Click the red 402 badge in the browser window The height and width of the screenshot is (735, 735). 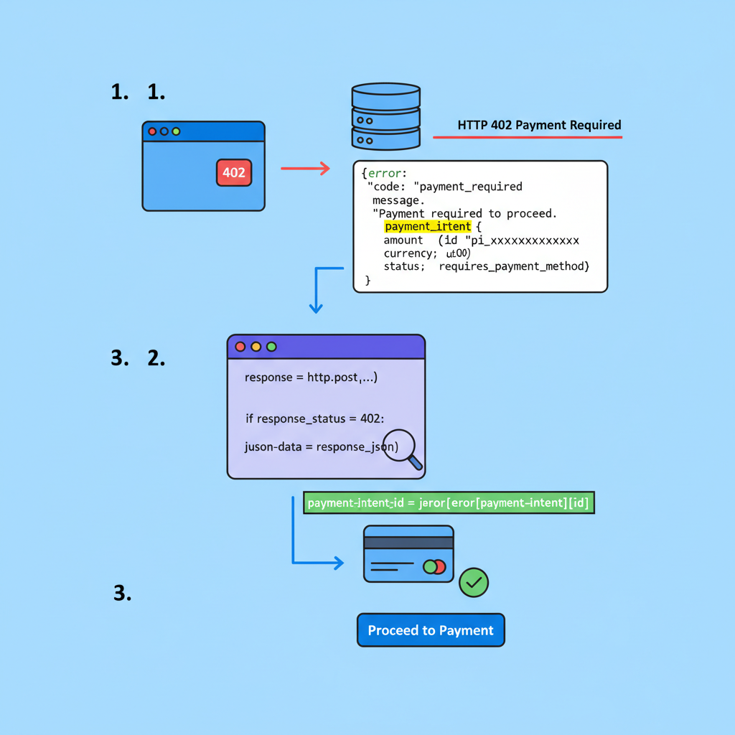pyautogui.click(x=233, y=172)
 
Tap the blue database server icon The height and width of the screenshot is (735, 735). pyautogui.click(x=385, y=116)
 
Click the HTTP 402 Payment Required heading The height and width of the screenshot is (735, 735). pyautogui.click(x=539, y=125)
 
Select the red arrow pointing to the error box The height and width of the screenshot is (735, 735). pyautogui.click(x=305, y=169)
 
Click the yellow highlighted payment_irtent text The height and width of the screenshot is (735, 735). pyautogui.click(x=428, y=227)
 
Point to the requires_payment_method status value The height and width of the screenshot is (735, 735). pyautogui.click(x=513, y=266)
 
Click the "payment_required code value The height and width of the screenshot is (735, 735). pyautogui.click(x=471, y=187)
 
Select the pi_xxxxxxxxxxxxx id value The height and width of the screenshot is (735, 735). pyautogui.click(x=525, y=240)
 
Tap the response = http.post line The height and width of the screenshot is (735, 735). pyautogui.click(x=311, y=378)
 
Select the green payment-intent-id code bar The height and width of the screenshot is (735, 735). pyautogui.click(x=449, y=503)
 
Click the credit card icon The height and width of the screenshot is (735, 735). pyautogui.click(x=408, y=553)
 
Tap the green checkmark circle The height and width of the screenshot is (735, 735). pyautogui.click(x=474, y=582)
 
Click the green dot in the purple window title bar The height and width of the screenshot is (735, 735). pyautogui.click(x=271, y=347)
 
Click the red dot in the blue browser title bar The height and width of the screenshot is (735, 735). pyautogui.click(x=152, y=131)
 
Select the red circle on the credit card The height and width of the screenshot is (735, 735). pyautogui.click(x=439, y=567)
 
